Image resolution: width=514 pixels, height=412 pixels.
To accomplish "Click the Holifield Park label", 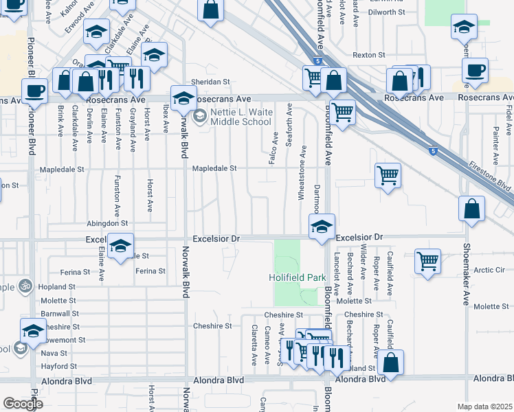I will click(x=296, y=278).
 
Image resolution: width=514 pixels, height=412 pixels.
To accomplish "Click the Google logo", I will click(x=23, y=404).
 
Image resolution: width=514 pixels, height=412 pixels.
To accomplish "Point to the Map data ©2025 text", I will click(x=484, y=407).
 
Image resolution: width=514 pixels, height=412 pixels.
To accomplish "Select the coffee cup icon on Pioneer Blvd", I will click(x=34, y=89).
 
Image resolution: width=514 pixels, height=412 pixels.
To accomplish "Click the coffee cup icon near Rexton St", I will click(x=475, y=69).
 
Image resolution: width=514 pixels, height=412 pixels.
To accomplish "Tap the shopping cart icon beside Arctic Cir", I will click(x=428, y=261).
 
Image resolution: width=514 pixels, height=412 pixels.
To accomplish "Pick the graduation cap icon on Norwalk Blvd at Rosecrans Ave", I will click(x=183, y=98).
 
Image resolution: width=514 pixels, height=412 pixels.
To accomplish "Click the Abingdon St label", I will click(x=107, y=224).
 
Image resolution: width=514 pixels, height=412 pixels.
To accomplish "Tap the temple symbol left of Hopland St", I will click(x=25, y=284).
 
